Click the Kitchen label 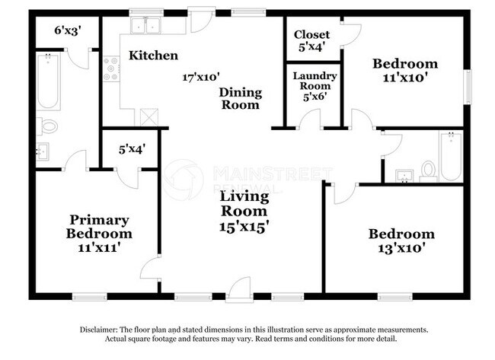tap(153, 56)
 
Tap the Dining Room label tap(241, 99)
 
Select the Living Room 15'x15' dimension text tap(244, 227)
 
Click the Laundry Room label tap(315, 81)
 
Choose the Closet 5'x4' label tap(311, 40)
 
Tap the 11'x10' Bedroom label tap(404, 70)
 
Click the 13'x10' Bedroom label tap(401, 241)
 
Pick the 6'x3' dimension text tap(68, 30)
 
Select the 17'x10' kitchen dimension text tap(201, 77)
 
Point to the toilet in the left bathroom tap(49, 126)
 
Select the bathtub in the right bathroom tap(450, 155)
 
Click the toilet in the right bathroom tap(428, 168)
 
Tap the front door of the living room tap(239, 290)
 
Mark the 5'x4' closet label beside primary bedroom tap(130, 150)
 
